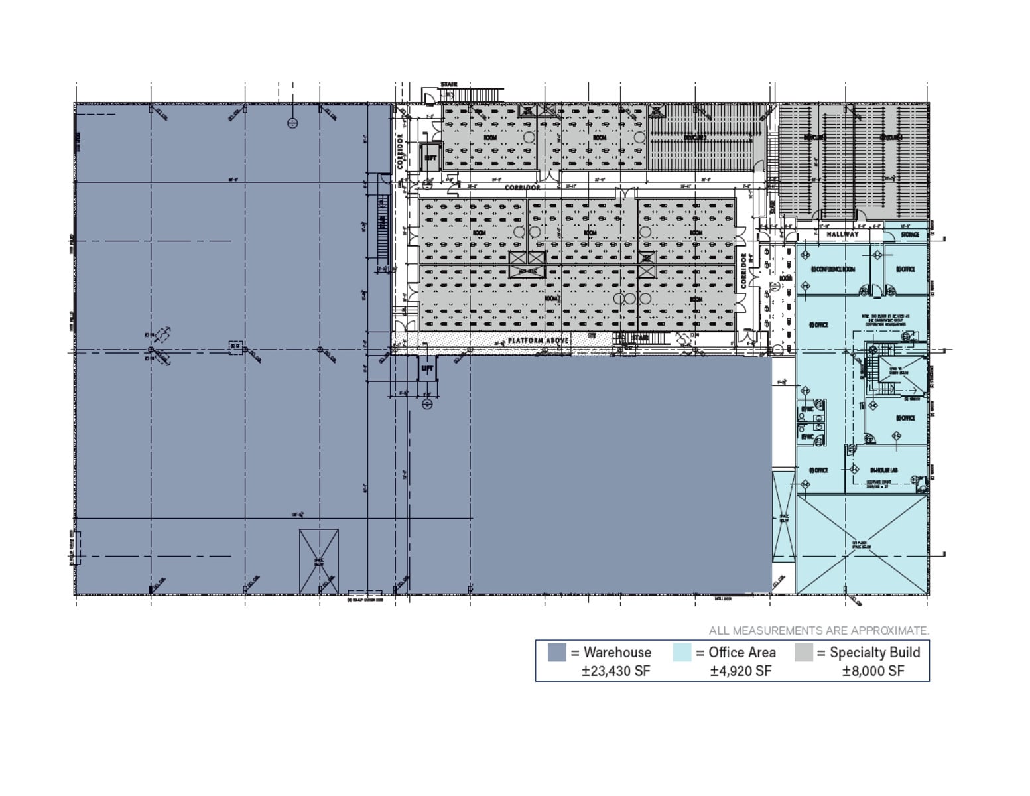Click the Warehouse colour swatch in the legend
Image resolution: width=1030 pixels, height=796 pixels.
[x=556, y=652]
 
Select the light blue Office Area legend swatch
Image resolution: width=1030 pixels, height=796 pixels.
[x=682, y=652]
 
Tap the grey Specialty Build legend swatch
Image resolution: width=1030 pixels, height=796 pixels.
[x=803, y=652]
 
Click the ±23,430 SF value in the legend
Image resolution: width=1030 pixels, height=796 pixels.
[x=615, y=671]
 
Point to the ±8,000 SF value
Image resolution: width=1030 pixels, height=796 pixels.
[x=873, y=671]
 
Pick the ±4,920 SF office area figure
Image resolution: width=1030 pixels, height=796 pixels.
[x=740, y=671]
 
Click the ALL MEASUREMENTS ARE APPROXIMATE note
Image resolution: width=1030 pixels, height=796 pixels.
[x=818, y=630]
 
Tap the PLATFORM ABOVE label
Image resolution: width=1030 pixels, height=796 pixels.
[x=538, y=340]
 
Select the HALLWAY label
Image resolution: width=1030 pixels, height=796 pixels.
[x=842, y=234]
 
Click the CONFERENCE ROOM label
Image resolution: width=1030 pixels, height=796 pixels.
[x=834, y=269]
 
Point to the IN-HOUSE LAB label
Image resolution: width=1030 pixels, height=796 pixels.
[x=883, y=470]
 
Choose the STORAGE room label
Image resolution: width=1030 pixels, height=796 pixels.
[x=910, y=234]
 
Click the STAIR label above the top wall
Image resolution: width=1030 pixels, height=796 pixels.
[x=449, y=85]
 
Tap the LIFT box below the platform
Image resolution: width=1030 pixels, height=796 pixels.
[x=427, y=369]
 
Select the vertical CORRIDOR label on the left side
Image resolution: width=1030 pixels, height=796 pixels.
[x=401, y=151]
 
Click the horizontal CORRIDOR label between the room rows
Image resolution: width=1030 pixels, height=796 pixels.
[x=522, y=188]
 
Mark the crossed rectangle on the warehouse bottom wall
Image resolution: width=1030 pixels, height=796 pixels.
[x=318, y=561]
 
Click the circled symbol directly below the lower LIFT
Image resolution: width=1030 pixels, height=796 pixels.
[x=427, y=403]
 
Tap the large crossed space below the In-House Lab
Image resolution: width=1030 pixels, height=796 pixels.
[x=861, y=544]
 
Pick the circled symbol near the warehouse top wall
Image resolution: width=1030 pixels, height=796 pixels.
[x=292, y=123]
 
